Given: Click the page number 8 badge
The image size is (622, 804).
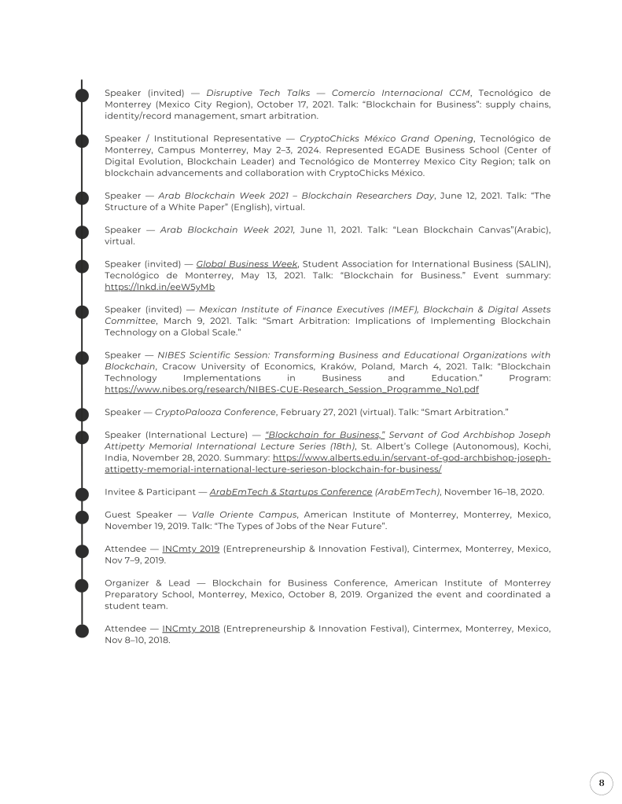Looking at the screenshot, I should pyautogui.click(x=601, y=783).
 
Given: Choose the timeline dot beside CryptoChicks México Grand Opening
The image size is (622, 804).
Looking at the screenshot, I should pyautogui.click(x=82, y=140).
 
